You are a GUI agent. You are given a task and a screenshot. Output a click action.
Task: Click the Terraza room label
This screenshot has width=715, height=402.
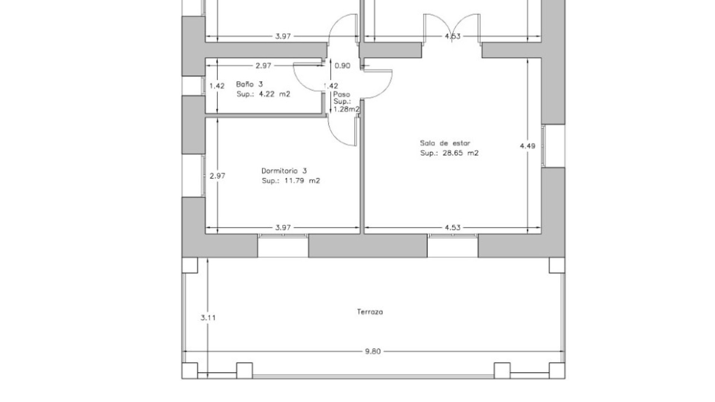[371, 312]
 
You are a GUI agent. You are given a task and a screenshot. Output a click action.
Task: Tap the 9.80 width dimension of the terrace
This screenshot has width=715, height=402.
[373, 351]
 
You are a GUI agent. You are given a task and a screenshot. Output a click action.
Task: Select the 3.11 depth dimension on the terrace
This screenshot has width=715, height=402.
[208, 318]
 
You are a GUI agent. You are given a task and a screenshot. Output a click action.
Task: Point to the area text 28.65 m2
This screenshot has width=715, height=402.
[460, 153]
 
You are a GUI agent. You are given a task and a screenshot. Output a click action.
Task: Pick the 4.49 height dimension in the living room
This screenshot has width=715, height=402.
[528, 146]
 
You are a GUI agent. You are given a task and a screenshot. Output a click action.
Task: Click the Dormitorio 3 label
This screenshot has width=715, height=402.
[284, 171]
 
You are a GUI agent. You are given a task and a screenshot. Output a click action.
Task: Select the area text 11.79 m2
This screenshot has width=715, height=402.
[302, 181]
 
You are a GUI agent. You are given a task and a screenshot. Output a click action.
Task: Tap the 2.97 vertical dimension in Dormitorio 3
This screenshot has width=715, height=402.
[217, 176]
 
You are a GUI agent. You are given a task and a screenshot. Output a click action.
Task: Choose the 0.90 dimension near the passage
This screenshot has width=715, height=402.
[343, 66]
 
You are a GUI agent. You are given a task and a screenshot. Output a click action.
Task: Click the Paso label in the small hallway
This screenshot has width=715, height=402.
[341, 95]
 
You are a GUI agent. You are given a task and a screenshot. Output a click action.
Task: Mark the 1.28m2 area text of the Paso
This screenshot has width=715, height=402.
[347, 109]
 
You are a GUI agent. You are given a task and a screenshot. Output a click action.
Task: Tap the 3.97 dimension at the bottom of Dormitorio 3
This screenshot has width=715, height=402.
[283, 228]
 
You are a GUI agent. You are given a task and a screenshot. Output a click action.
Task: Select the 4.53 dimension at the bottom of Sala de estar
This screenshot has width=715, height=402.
[453, 228]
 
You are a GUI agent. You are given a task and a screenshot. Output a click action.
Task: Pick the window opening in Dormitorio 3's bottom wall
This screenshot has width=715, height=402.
[283, 245]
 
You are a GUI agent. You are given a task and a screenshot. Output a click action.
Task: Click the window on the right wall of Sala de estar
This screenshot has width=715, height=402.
[553, 146]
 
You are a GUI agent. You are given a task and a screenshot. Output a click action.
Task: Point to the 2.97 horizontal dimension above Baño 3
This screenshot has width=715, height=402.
[263, 66]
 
